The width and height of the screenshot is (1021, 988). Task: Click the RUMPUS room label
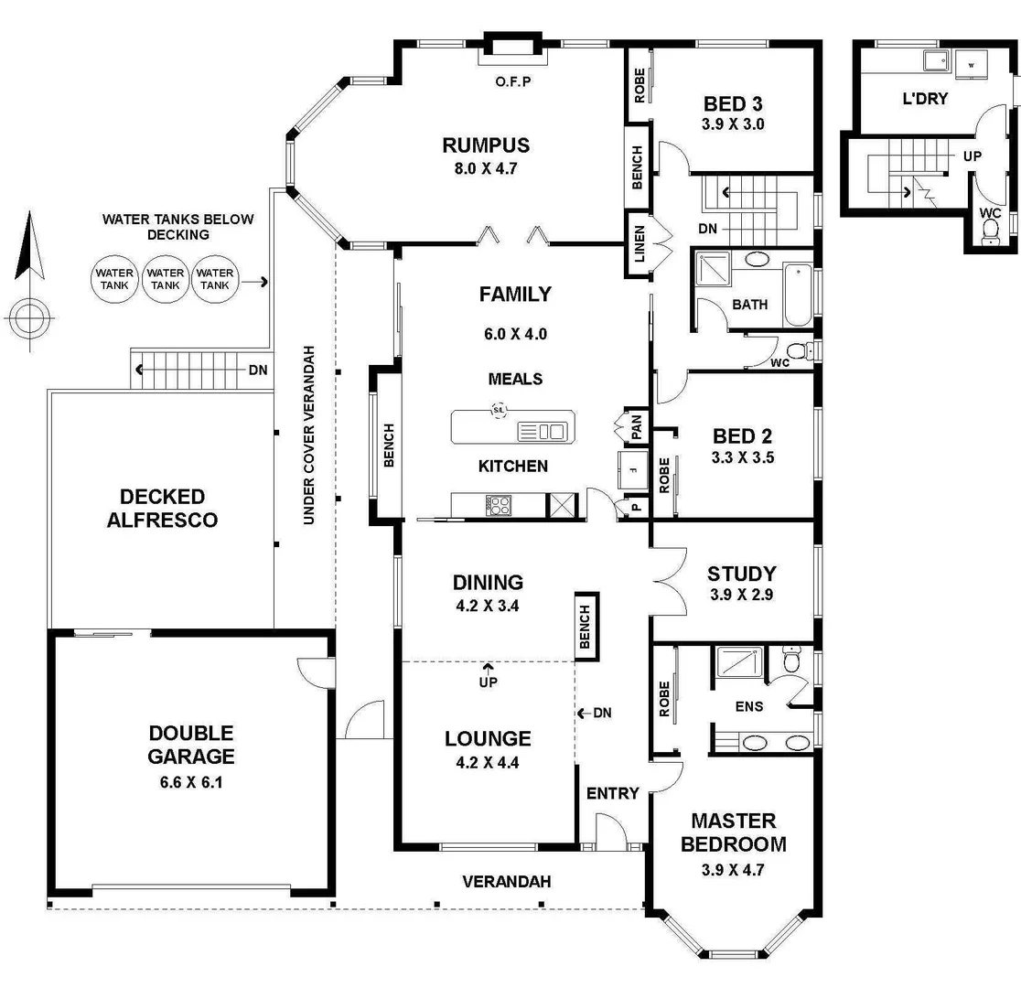[486, 145]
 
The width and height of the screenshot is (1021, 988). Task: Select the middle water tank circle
[165, 279]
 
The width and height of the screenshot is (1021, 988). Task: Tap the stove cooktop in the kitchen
[499, 505]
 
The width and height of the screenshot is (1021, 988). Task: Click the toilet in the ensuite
[792, 659]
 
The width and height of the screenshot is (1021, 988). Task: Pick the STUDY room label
[741, 575]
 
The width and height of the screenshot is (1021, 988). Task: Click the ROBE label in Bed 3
[639, 85]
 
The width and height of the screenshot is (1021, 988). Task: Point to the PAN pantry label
[636, 426]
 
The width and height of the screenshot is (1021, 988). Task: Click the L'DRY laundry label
[925, 98]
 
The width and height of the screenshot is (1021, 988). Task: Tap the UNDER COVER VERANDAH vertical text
[309, 435]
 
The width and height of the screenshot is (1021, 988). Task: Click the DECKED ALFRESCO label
[162, 509]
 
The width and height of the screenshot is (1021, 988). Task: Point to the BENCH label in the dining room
[586, 625]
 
